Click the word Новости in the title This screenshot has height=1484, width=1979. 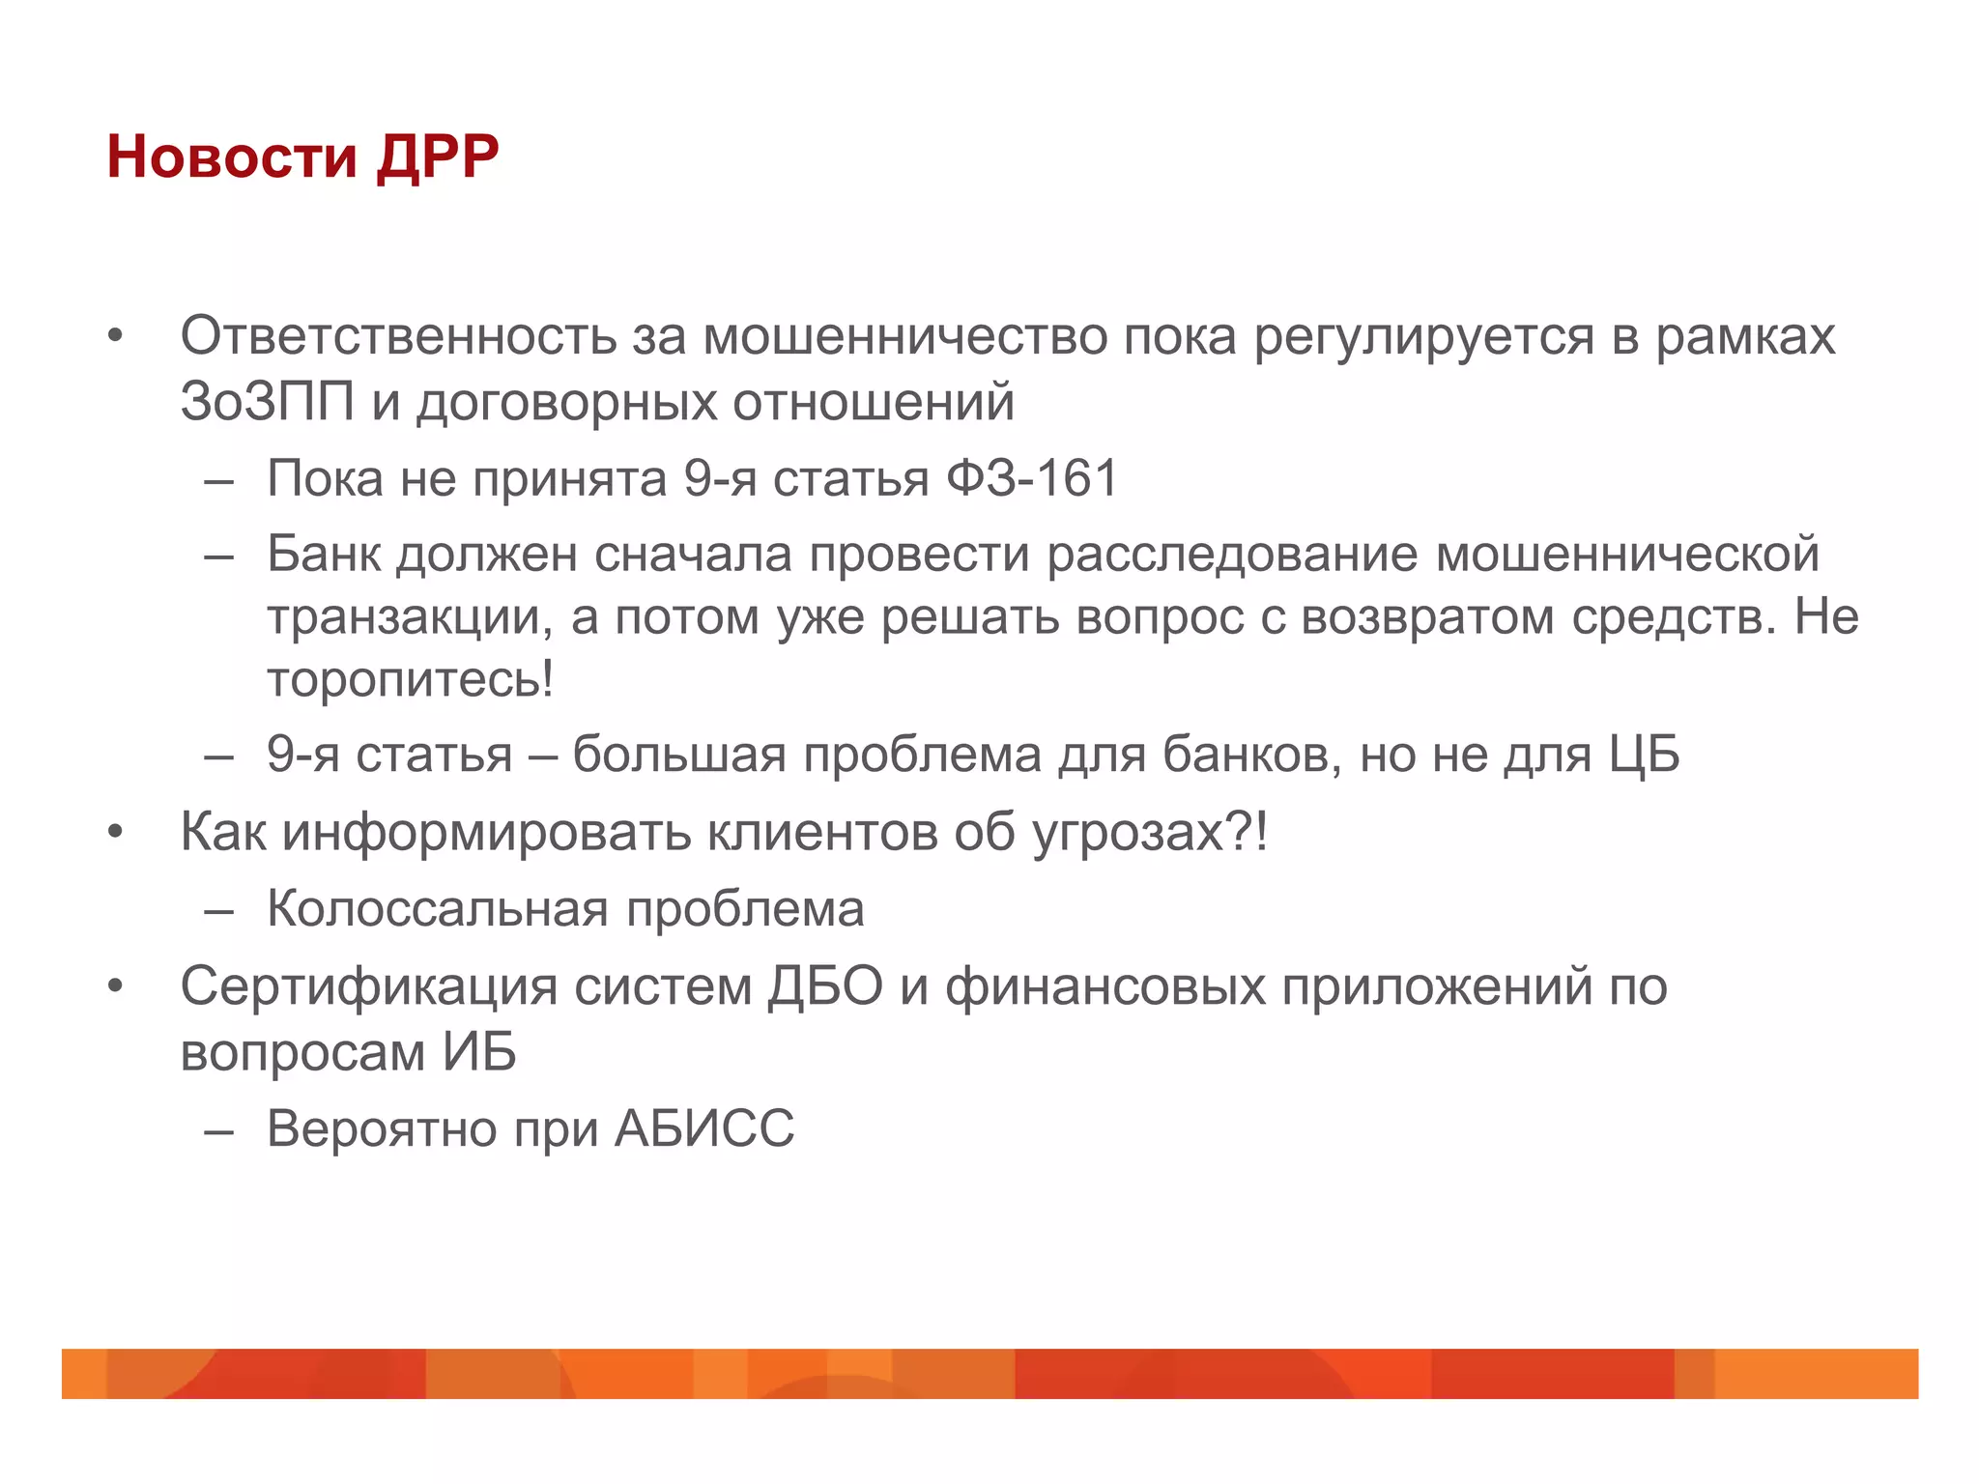[232, 157]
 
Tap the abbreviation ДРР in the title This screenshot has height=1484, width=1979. [438, 157]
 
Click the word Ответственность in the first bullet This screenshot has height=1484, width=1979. [398, 337]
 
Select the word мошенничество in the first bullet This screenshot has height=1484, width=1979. [904, 337]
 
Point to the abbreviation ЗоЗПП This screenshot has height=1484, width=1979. [267, 401]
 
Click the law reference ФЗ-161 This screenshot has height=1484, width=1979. [1031, 478]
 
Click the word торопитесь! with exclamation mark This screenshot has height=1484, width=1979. [411, 679]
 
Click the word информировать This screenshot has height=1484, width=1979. [486, 832]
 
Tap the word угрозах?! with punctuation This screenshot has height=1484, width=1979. [1149, 832]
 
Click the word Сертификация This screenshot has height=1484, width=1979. [369, 987]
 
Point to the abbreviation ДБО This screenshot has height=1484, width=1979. [825, 987]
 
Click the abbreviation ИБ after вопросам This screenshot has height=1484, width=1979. [479, 1051]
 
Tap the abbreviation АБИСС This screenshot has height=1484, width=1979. [704, 1128]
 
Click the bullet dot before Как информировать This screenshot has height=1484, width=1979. [116, 832]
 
